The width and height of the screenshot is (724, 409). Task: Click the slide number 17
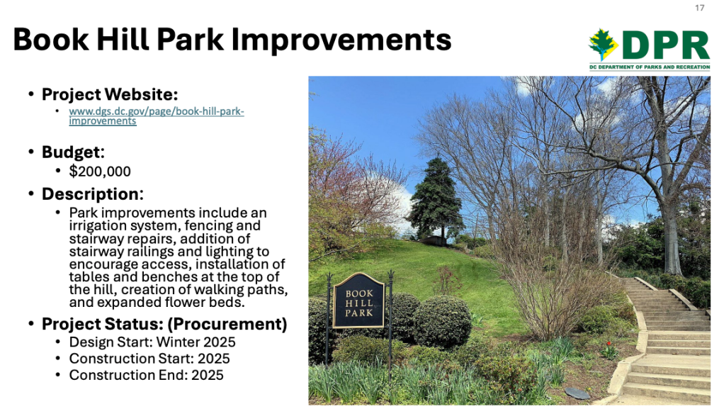[699, 8]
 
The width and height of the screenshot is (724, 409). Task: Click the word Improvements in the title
[341, 40]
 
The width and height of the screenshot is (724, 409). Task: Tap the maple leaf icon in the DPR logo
[603, 45]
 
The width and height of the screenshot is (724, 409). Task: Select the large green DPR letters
[666, 45]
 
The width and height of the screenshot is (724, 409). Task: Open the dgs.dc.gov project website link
[157, 116]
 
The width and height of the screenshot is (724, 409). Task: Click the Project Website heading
[110, 94]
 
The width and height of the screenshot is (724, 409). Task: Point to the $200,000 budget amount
[100, 172]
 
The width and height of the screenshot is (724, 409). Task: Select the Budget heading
[73, 152]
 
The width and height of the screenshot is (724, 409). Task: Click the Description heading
[92, 194]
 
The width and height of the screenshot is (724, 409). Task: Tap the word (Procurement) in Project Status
[227, 324]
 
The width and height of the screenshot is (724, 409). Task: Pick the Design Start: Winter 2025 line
[152, 342]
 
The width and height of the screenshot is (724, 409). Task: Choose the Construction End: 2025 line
[147, 375]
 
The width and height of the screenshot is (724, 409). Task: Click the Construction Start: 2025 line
[149, 359]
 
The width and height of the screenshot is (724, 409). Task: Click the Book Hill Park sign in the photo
[358, 301]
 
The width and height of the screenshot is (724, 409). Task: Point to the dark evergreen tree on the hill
[436, 198]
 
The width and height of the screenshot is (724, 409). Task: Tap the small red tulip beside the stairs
[609, 344]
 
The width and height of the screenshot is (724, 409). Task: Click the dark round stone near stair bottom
[577, 393]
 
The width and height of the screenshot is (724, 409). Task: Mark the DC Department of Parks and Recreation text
[650, 67]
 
